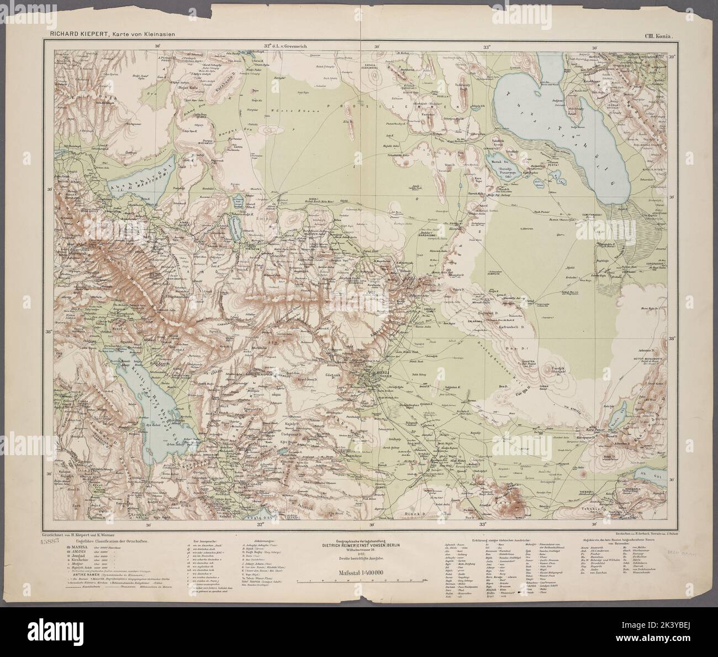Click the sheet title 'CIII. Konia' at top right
pos(657,36)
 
